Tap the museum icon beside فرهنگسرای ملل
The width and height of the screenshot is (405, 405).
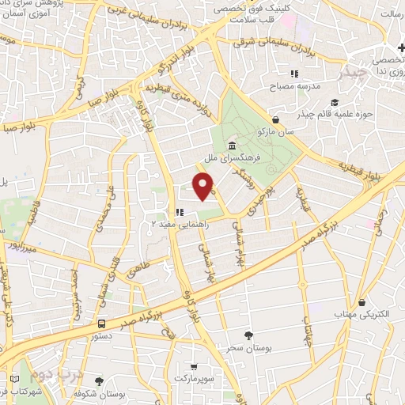coord(231,146)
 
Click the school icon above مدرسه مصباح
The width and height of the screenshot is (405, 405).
coord(293,74)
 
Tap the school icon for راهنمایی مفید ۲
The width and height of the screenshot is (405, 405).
coord(180,211)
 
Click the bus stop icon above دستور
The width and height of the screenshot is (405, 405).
coord(101,324)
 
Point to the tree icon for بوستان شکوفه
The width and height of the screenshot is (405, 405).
coord(99,381)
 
